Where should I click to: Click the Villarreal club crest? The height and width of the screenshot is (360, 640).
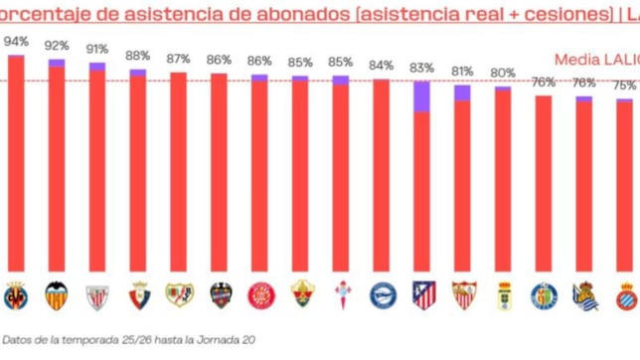tap(16, 295)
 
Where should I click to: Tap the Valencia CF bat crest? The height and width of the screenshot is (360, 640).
tap(57, 295)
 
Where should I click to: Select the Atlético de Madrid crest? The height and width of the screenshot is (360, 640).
tap(423, 295)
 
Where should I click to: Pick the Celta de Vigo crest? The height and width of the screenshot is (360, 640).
tap(342, 295)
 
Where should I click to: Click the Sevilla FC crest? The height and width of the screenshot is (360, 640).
tap(463, 295)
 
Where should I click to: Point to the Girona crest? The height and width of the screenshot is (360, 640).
tap(260, 295)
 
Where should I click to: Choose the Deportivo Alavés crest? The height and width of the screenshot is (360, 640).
tap(383, 295)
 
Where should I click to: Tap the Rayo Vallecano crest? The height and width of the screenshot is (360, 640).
tap(179, 295)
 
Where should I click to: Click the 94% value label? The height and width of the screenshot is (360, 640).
tap(16, 42)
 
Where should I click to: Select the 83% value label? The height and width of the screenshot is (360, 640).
tap(422, 69)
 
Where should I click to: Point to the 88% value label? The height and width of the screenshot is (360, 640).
tap(138, 57)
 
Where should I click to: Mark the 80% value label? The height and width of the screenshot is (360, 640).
tap(503, 73)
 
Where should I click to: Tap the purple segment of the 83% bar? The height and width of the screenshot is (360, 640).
tap(422, 96)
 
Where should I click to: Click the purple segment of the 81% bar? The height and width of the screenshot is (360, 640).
tap(463, 92)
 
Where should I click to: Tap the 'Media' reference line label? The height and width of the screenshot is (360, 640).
tap(576, 57)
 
